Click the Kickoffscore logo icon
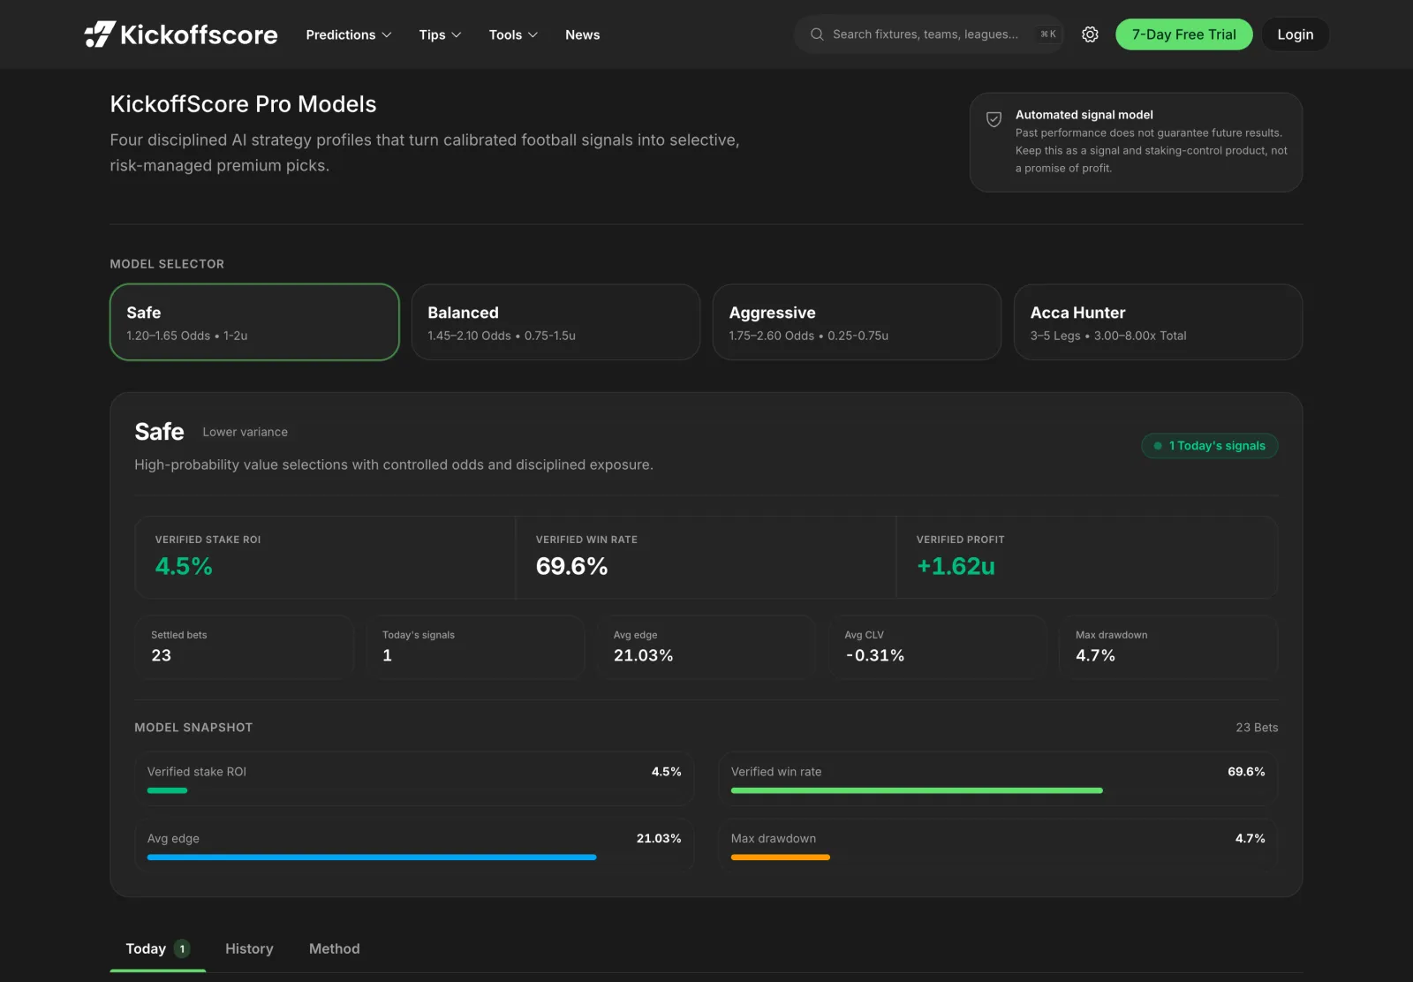click(x=100, y=34)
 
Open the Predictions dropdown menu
click(x=348, y=34)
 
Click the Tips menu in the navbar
click(x=440, y=34)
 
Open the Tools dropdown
click(x=513, y=34)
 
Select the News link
click(x=582, y=34)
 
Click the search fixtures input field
click(x=928, y=34)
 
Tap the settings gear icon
click(x=1090, y=34)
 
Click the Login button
click(x=1295, y=34)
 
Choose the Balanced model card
click(x=555, y=322)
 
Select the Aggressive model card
click(x=857, y=322)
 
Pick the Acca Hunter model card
click(x=1158, y=322)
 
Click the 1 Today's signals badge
click(x=1209, y=446)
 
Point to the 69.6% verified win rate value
click(x=571, y=566)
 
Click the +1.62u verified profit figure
click(x=955, y=566)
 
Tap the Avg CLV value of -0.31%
click(x=874, y=655)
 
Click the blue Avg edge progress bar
click(x=372, y=857)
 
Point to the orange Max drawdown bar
click(x=781, y=857)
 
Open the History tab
click(x=249, y=948)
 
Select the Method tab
click(x=335, y=948)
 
